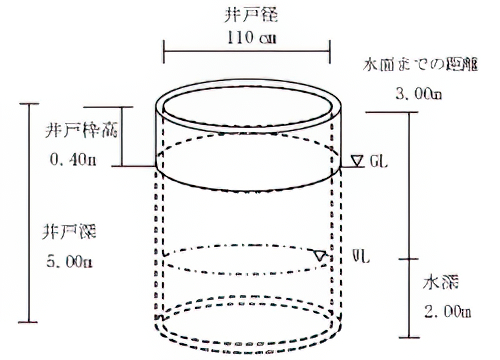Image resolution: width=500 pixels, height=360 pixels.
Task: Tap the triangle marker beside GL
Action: point(357,160)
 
